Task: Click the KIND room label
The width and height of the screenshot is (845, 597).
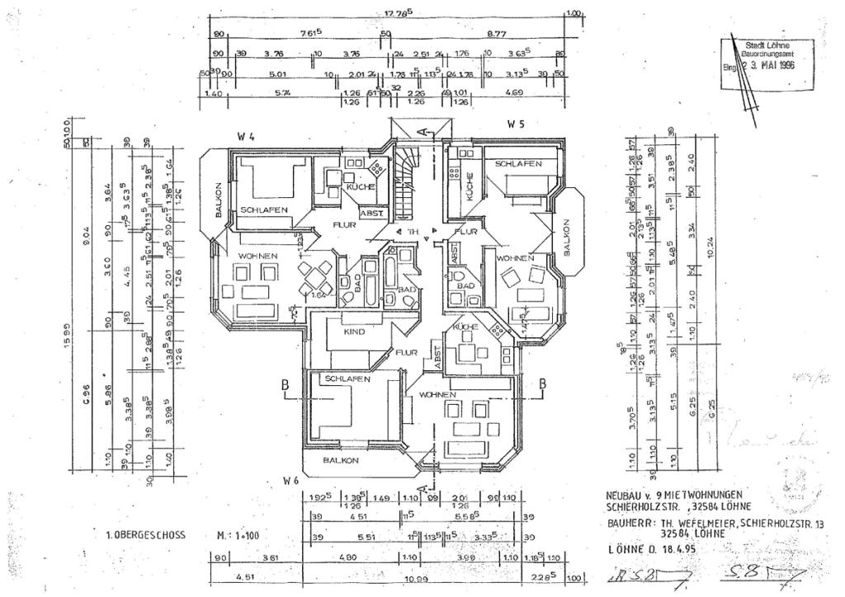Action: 354,332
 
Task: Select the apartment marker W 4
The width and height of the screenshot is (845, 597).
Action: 245,137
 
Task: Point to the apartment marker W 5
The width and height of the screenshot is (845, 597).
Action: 517,125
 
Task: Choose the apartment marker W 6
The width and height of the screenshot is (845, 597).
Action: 290,479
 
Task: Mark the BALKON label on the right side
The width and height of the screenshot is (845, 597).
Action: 567,237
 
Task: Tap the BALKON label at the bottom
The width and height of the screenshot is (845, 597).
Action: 341,460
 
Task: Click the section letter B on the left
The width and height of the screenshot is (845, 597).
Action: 284,384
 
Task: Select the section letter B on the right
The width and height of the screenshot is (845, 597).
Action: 543,383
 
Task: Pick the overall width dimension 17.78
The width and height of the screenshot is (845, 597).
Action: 398,12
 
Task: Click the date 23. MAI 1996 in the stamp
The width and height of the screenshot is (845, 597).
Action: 767,64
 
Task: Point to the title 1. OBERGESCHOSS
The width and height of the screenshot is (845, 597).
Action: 145,535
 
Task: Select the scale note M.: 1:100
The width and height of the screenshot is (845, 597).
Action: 238,535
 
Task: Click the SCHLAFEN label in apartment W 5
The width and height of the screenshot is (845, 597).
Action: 518,164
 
